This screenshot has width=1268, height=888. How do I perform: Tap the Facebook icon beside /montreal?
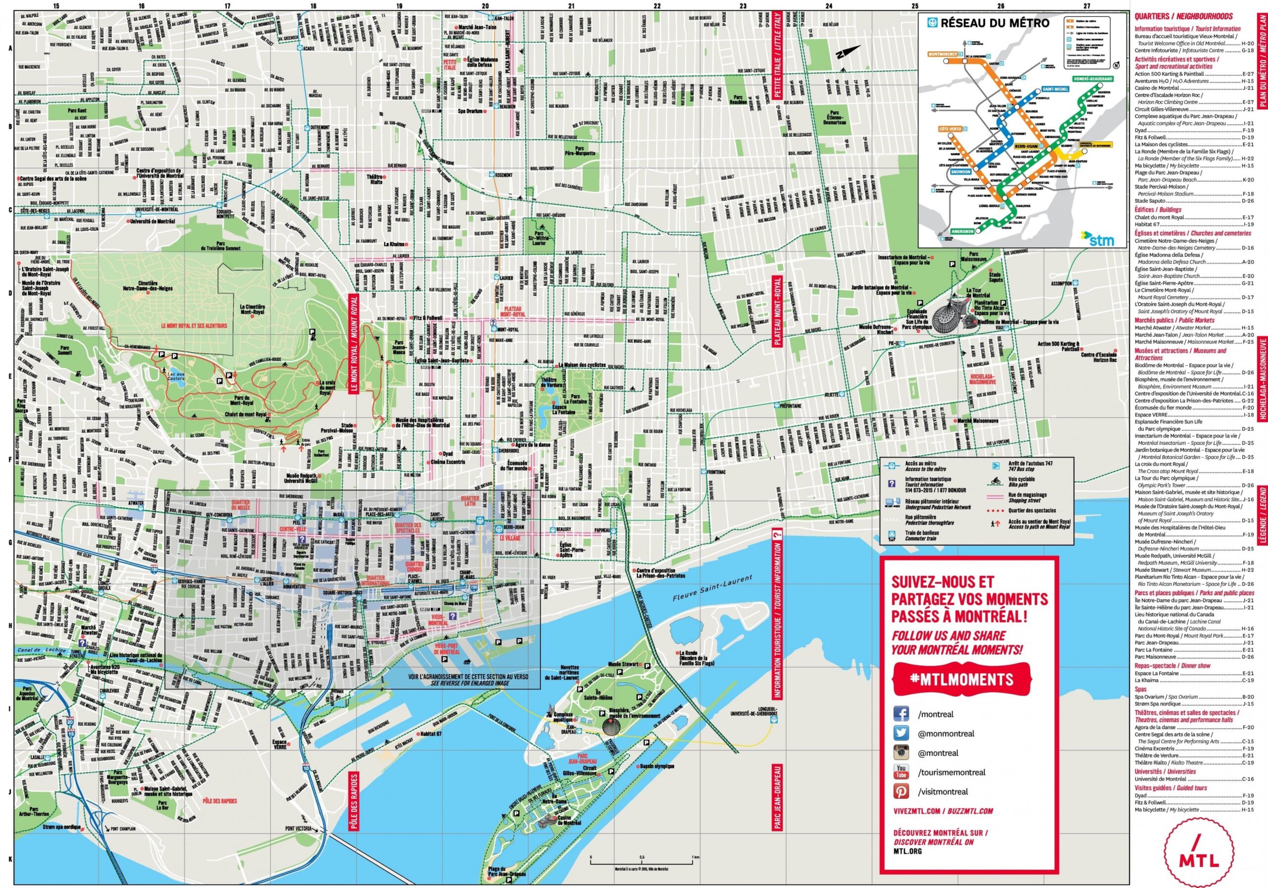pos(901,714)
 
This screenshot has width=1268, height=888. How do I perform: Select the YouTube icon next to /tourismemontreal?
pos(901,772)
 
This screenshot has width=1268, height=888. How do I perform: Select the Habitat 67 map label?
pos(431,734)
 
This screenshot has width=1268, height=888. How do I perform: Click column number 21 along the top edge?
pos(571,6)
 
